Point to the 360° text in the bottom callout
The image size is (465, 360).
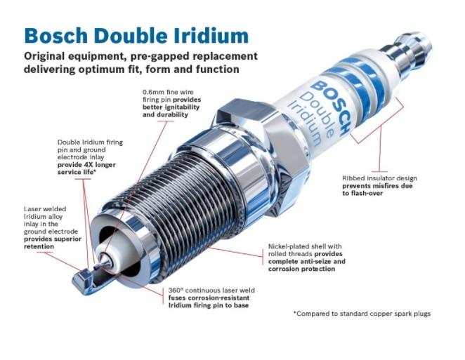click(176, 290)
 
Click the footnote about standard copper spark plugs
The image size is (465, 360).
click(362, 314)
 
